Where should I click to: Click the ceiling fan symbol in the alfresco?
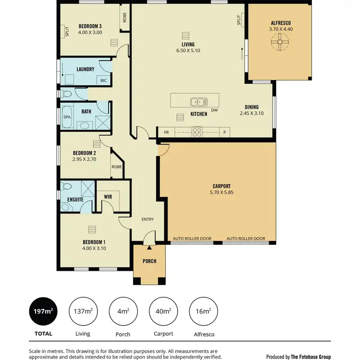278,43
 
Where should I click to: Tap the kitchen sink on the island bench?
197,102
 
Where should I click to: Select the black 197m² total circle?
43,312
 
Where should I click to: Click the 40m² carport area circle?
163,312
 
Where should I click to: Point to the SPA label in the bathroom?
67,117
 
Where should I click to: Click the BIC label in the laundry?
103,81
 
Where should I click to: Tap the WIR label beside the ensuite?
108,196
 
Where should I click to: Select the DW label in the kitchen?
214,110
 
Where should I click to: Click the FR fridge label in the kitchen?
167,132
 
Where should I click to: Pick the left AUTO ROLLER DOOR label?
192,239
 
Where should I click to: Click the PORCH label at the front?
149,262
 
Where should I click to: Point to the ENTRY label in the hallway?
147,219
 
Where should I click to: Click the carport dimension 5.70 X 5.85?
221,192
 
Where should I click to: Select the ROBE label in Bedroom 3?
125,18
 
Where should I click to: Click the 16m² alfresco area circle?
204,312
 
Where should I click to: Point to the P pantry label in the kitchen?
224,132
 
